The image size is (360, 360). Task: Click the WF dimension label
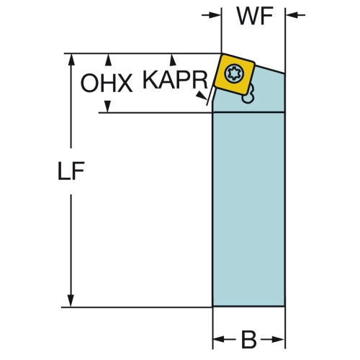coord(255,16)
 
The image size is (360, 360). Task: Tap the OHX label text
coord(107,83)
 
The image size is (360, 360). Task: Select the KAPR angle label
coord(175,80)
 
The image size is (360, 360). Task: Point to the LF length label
coord(71,171)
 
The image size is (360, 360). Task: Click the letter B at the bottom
coord(248,340)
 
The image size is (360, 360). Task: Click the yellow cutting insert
coord(235,74)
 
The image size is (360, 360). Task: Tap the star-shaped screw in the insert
coord(234,73)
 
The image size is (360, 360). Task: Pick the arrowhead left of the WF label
coord(215,15)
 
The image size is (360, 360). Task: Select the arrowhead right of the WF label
coord(292,15)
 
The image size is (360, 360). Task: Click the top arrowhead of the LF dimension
coord(71,60)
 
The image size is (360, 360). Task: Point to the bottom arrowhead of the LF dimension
coord(71,300)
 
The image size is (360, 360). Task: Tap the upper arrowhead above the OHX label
coord(109,60)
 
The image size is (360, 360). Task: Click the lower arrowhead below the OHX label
coord(107,107)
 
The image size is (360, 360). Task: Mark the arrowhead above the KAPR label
coord(173,60)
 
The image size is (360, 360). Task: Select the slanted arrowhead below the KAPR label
coord(202,96)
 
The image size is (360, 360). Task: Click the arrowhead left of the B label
coord(219,339)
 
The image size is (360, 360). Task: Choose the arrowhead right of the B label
coord(279,339)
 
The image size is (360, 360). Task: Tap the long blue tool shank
coord(248,210)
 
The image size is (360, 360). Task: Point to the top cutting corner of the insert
coord(222,54)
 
